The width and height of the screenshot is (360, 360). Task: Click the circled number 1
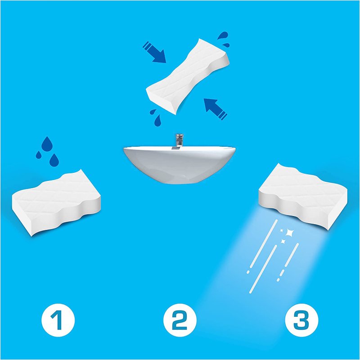click(58, 320)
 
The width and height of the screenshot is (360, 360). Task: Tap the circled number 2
click(180, 320)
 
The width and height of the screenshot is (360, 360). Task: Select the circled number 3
click(301, 320)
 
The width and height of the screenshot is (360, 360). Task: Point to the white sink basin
click(179, 165)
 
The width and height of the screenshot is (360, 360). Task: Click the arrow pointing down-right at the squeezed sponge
click(154, 52)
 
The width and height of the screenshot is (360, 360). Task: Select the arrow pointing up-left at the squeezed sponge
click(215, 109)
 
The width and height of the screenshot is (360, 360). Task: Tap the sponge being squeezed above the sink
click(188, 76)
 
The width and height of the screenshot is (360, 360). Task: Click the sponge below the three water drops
click(56, 203)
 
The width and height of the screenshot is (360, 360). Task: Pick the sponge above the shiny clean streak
click(303, 197)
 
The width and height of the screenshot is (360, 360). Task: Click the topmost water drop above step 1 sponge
click(47, 144)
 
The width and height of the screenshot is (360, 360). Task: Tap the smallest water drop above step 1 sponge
click(39, 155)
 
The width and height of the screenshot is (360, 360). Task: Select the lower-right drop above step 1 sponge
click(54, 160)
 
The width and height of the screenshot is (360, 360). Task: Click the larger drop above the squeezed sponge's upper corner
click(223, 36)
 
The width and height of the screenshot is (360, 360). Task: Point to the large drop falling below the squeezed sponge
click(157, 121)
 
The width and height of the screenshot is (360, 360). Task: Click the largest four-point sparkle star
click(290, 233)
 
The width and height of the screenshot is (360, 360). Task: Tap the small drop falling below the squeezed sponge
click(153, 112)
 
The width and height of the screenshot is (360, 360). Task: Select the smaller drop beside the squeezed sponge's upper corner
click(226, 45)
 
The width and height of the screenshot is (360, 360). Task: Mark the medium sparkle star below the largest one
click(283, 241)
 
